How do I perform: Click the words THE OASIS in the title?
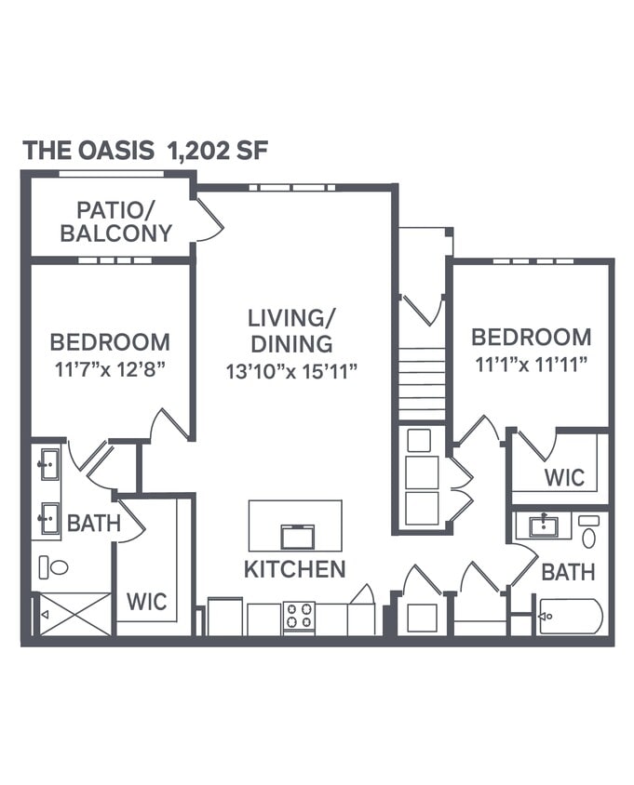(x=88, y=151)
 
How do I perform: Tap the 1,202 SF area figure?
(x=219, y=151)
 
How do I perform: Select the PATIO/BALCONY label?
(x=115, y=221)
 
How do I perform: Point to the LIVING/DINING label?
(x=290, y=330)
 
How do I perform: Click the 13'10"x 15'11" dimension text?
(x=291, y=371)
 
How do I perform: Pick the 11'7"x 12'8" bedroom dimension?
(x=110, y=368)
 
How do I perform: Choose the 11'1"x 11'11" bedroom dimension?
(x=531, y=364)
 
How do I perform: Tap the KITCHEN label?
(x=294, y=569)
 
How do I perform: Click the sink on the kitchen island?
(x=297, y=537)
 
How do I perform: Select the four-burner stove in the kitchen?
(x=299, y=616)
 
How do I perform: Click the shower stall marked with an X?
(x=74, y=614)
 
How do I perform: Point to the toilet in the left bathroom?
(x=55, y=565)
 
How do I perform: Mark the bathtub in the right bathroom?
(x=571, y=616)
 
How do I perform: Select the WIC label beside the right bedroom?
(x=564, y=478)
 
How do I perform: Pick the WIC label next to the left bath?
(x=147, y=602)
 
